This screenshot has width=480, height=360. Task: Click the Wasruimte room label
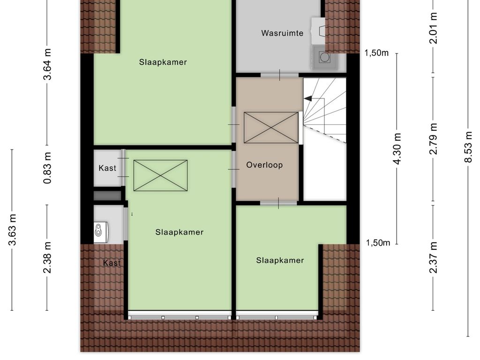[282, 33]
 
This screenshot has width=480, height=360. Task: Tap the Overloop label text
[264, 165]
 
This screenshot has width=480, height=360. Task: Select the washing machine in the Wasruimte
[323, 58]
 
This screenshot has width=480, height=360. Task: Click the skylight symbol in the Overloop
[271, 127]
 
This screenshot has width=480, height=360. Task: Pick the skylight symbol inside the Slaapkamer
[160, 175]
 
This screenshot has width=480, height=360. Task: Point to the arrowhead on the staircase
[307, 98]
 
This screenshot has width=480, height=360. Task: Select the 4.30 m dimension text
[397, 148]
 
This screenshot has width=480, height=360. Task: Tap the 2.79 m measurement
[434, 138]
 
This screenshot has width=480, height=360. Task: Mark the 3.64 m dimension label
[47, 64]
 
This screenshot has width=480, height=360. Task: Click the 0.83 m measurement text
[47, 167]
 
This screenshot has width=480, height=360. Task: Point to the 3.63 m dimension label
[13, 230]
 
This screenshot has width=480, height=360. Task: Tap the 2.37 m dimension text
[434, 257]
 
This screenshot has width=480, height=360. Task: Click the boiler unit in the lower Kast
[99, 230]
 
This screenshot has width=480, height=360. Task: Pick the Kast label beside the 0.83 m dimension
[107, 168]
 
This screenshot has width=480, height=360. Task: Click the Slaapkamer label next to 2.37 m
[280, 261]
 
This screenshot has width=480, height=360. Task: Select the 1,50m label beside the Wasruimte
[377, 53]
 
